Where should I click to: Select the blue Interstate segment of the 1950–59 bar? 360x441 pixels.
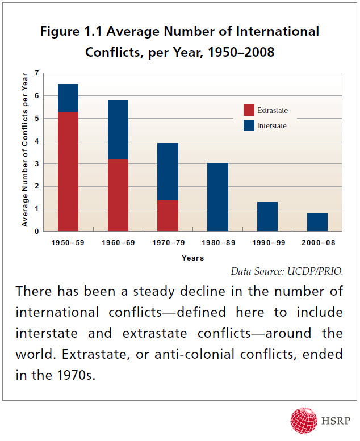click(68, 98)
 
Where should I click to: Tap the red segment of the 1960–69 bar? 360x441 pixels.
click(118, 195)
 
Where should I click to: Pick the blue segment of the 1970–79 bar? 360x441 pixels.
click(168, 171)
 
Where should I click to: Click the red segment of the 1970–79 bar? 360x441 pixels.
click(168, 216)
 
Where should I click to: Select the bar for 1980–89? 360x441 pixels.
click(217, 197)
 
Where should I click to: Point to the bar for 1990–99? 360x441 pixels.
click(267, 216)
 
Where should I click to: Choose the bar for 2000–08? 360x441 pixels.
click(317, 222)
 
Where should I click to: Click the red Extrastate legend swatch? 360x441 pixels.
click(249, 110)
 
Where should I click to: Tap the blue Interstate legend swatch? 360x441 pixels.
click(249, 125)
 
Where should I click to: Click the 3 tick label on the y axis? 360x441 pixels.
click(36, 163)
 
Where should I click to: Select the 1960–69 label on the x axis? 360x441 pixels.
click(118, 243)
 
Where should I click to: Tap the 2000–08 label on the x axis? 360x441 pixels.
click(317, 243)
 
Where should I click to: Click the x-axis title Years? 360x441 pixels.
click(192, 257)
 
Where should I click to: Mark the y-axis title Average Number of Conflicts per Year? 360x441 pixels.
click(25, 152)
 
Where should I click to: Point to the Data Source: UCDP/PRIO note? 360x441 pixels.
click(287, 271)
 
